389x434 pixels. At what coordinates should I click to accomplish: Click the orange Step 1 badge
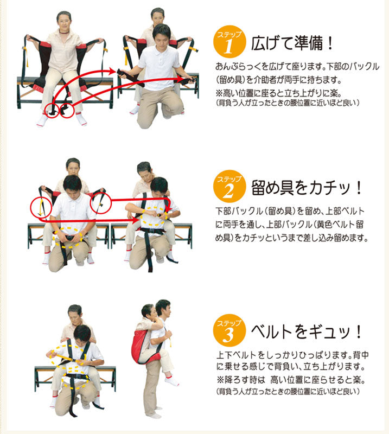[228, 42]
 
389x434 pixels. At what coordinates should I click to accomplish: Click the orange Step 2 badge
[228, 188]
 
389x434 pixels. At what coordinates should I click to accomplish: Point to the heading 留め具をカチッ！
[307, 189]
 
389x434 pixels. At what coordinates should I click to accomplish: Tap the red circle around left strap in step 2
[40, 206]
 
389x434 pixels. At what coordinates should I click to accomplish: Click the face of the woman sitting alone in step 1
[63, 22]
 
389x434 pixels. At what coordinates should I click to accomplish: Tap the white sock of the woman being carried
[172, 381]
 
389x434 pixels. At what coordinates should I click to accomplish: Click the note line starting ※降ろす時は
[293, 379]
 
